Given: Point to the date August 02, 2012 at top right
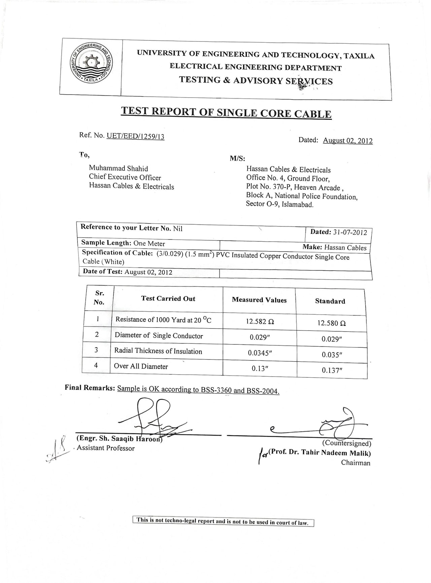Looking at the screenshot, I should (347, 141).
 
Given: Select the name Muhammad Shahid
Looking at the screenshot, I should (118, 168).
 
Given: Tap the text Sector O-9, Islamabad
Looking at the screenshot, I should (279, 204).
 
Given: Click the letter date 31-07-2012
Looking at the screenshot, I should (350, 232).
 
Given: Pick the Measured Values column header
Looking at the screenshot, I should (259, 300).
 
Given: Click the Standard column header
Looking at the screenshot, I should (330, 301).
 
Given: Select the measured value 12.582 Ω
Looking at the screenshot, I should (260, 321).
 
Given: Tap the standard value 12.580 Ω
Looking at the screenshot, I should (331, 323).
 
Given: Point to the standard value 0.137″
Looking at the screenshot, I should (332, 370).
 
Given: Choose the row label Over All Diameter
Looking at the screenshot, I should (141, 366).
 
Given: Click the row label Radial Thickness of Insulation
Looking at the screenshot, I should (158, 351).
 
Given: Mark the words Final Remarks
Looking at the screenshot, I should (90, 388).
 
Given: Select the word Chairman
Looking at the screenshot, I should (356, 463).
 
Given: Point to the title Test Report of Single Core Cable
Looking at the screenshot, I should (226, 112).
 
